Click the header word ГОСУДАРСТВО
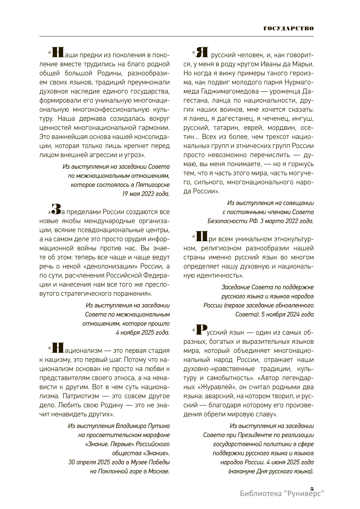(x=289, y=29)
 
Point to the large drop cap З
(x=56, y=209)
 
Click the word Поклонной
(x=112, y=471)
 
